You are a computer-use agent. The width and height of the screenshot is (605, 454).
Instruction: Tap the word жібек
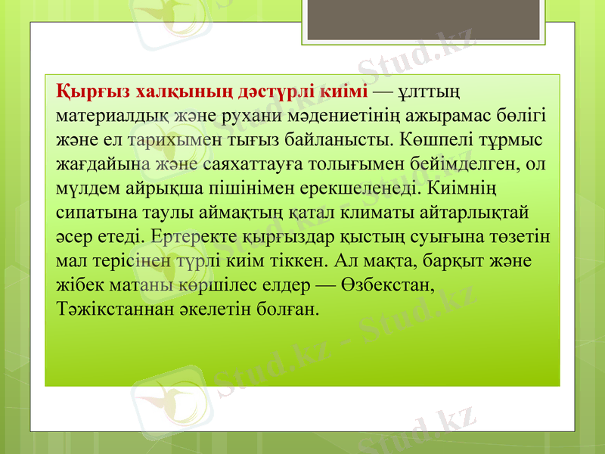pyautogui.click(x=78, y=286)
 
